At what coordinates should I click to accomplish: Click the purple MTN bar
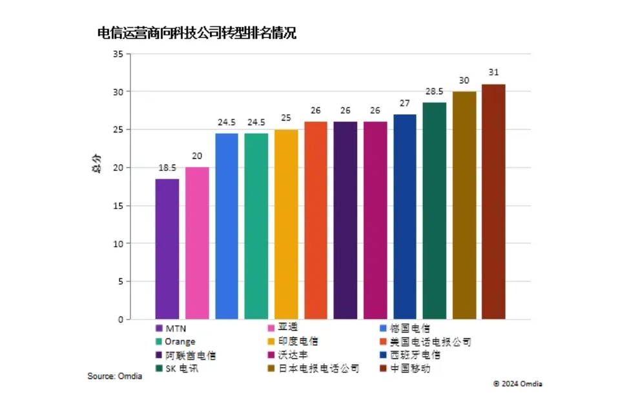tap(167, 249)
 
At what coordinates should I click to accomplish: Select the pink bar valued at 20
tap(197, 243)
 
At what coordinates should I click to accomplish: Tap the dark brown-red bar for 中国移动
tap(493, 201)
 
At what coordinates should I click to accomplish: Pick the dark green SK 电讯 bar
tap(435, 210)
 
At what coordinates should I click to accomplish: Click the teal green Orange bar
tap(256, 226)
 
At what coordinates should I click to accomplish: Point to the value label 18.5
tap(167, 168)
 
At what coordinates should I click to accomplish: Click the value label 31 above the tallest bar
tap(494, 72)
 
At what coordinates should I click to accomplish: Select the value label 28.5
tap(435, 91)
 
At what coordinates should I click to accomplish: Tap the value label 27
tap(405, 103)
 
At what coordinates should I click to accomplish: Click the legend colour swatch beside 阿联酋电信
tap(159, 355)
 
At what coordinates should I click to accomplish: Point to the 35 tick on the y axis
tap(118, 54)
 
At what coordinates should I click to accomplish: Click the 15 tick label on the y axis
tap(118, 206)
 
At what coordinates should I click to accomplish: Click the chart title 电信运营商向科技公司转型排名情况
tap(196, 33)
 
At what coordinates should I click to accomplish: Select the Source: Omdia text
tap(115, 376)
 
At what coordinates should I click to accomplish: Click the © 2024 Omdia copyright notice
tap(517, 383)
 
